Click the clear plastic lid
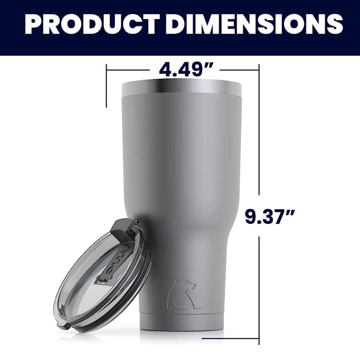point(102,272)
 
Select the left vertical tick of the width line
point(106,86)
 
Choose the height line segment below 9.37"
point(259,288)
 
